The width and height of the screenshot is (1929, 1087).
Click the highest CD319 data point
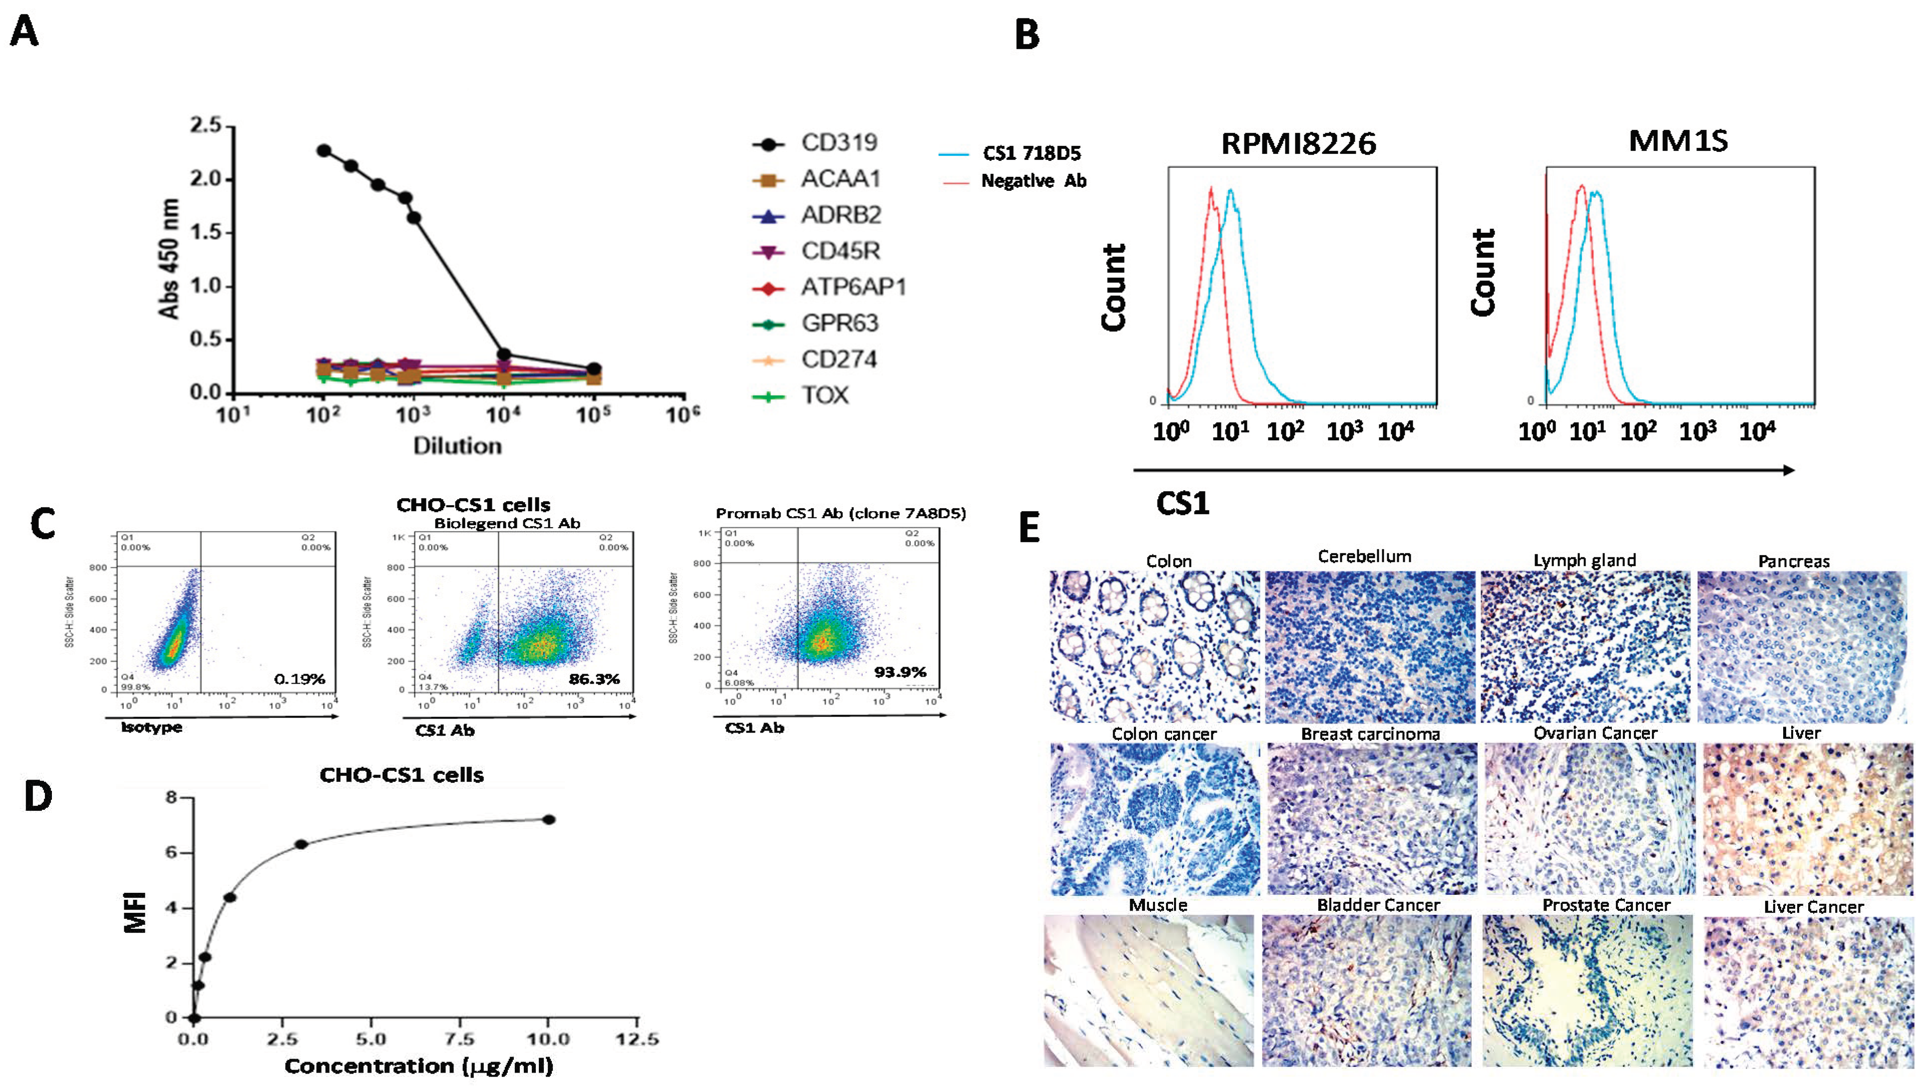coord(324,150)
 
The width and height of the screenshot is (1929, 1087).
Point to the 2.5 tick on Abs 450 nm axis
coord(205,126)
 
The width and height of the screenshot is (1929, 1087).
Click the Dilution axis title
coord(457,446)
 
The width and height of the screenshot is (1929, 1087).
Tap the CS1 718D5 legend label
coord(1031,153)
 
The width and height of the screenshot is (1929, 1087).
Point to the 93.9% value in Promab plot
coord(900,672)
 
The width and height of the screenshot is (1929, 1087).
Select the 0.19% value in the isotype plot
coord(300,679)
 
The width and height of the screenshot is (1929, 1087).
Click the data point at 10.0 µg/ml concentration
coord(548,820)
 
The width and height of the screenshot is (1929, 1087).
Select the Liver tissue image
coord(1807,819)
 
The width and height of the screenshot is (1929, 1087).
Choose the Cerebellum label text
coord(1364,556)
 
